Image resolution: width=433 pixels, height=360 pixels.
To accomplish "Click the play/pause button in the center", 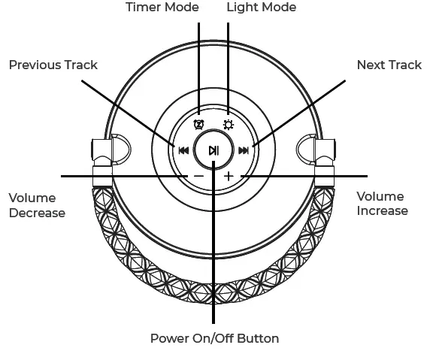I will (x=214, y=150).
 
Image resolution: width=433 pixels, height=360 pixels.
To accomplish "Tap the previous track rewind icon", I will (x=183, y=150).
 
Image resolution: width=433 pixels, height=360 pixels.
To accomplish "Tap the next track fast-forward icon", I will (x=244, y=150).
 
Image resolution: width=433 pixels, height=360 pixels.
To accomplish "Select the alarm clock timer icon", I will (x=198, y=125).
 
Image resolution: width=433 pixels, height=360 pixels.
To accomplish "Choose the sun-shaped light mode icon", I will (x=229, y=125).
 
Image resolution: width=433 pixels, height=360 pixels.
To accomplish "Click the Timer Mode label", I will (x=162, y=8).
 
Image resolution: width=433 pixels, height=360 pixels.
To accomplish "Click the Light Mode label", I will (x=262, y=8).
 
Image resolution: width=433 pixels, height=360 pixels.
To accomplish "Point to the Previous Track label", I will (x=53, y=65).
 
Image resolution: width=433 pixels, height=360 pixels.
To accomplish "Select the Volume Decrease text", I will (x=36, y=205).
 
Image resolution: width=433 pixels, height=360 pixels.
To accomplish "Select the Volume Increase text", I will (x=382, y=204).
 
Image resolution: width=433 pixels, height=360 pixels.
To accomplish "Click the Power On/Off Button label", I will (x=214, y=339).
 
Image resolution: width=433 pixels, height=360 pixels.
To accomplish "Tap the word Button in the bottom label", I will (x=258, y=339).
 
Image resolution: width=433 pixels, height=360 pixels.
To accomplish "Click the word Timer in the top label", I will (x=143, y=8).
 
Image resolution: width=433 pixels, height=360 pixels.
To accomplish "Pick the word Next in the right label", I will (x=371, y=65).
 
